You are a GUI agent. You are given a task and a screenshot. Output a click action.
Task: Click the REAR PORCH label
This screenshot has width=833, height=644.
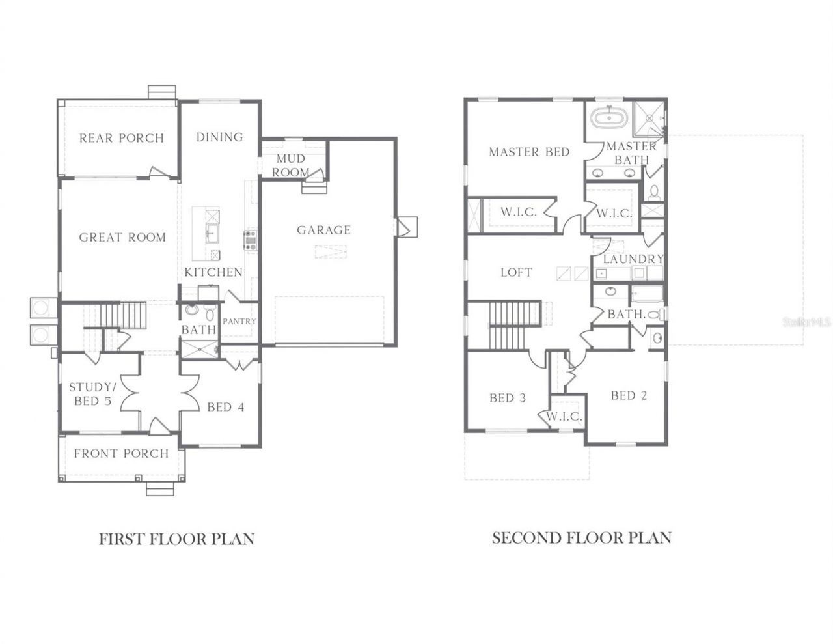tap(121, 138)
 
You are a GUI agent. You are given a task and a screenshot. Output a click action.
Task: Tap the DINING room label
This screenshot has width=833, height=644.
tap(220, 137)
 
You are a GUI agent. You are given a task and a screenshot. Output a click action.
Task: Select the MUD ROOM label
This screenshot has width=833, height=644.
tap(291, 166)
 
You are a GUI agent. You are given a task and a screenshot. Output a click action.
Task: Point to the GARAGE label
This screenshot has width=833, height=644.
tap(324, 230)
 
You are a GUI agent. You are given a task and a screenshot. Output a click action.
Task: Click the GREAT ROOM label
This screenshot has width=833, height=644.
tap(122, 238)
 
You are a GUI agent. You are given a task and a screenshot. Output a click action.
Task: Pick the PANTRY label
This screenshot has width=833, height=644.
tap(239, 321)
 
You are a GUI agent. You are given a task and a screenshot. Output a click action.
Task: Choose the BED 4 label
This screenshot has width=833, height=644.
tap(225, 408)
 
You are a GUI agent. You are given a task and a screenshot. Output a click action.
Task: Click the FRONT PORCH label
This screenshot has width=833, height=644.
tap(121, 453)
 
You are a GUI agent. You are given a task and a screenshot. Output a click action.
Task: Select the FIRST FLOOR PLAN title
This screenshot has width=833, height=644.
tap(176, 539)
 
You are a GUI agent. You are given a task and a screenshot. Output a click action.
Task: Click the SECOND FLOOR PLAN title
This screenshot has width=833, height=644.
tap(581, 538)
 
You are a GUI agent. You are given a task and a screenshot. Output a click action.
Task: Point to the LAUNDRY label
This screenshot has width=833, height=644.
tap(633, 259)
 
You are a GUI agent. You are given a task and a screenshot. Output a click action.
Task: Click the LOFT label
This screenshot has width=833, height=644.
tap(516, 273)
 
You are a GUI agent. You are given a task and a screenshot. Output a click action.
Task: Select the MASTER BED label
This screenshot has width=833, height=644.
tap(529, 152)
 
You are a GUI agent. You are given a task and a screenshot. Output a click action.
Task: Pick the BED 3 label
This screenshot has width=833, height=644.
tap(508, 397)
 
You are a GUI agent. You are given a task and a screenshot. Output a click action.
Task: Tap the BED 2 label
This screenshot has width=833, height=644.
tap(629, 395)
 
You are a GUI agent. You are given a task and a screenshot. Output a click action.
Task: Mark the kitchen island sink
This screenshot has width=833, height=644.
tap(212, 231)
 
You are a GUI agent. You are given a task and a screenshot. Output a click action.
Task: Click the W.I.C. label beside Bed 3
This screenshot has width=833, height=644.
tap(564, 416)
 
